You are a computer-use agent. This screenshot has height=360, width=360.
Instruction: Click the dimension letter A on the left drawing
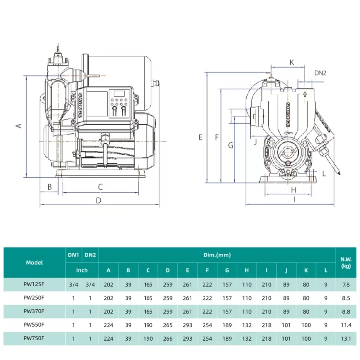(19, 126)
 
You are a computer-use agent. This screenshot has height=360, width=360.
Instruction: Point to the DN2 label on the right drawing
(320, 73)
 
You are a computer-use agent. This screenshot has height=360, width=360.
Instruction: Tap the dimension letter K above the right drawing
(292, 63)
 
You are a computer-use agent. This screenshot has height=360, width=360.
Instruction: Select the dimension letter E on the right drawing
(201, 137)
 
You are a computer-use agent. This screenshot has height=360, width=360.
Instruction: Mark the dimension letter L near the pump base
(324, 173)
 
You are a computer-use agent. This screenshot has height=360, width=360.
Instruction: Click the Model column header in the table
(34, 262)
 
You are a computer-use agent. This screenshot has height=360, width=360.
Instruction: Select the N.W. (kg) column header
(346, 262)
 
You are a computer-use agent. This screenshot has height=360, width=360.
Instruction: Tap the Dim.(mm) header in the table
(217, 255)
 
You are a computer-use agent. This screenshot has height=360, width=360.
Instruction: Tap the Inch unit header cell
(81, 270)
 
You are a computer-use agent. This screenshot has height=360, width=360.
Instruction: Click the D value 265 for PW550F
(167, 324)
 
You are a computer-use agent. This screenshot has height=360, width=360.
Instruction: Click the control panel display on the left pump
(119, 94)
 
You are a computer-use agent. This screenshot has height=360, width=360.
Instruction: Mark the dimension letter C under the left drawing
(101, 186)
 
